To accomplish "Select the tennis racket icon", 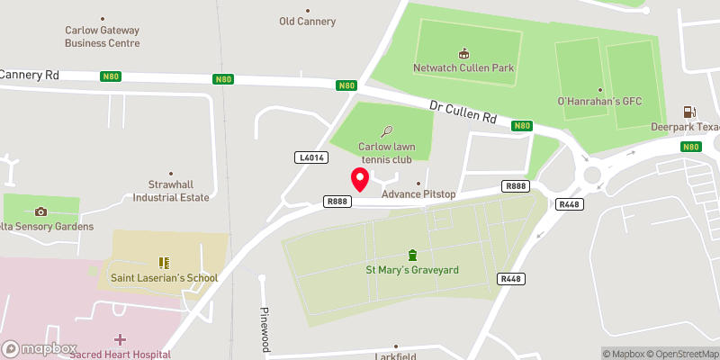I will tap(388, 130).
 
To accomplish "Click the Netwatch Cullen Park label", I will tap(463, 67).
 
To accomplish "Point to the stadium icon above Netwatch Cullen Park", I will tap(463, 52).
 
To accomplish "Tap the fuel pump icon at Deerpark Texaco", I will tap(690, 112).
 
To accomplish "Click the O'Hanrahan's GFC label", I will tap(599, 100).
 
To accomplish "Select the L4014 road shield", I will tap(310, 157).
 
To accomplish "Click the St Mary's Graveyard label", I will tap(412, 269).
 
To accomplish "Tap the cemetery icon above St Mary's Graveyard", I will tap(412, 254).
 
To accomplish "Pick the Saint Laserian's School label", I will tap(164, 278).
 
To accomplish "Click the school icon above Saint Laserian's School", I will tap(164, 263).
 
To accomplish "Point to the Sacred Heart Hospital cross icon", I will tap(120, 339).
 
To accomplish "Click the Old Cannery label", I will tap(308, 22).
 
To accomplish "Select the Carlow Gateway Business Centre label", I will tap(102, 35).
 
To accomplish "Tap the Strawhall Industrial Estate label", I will tap(171, 191).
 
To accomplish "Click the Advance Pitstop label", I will tap(419, 194).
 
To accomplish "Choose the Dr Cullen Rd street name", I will tap(463, 112).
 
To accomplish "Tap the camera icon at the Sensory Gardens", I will tap(40, 211).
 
